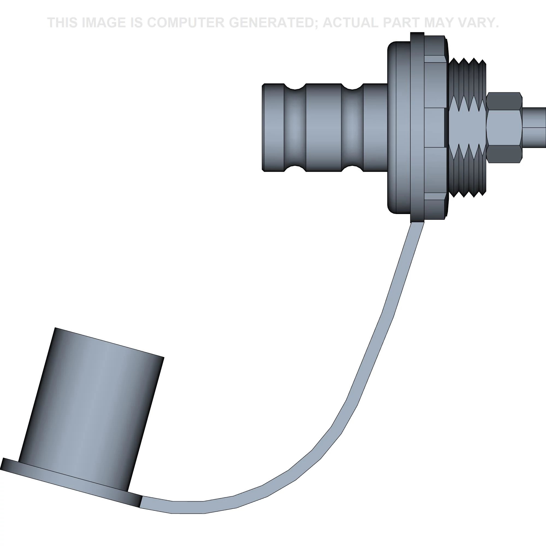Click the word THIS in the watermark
[x=63, y=23]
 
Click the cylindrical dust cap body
[x=90, y=410]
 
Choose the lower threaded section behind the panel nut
[x=467, y=175]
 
